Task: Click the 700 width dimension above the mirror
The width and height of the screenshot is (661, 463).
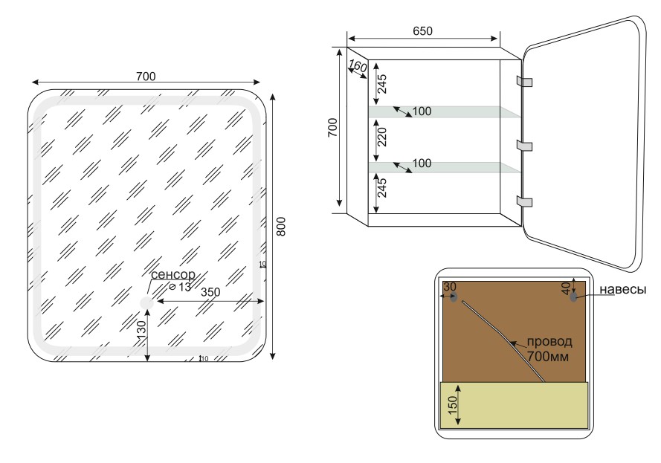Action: (146, 76)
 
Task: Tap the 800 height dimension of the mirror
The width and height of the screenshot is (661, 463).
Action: (282, 226)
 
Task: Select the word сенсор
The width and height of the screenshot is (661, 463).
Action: (173, 275)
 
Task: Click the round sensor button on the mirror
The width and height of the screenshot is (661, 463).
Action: (146, 302)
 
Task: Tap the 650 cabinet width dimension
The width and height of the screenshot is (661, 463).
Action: (422, 31)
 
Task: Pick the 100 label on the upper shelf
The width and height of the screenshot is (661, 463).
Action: (421, 112)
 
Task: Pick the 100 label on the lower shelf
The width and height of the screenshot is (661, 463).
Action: (421, 162)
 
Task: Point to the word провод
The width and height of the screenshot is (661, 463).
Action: (549, 342)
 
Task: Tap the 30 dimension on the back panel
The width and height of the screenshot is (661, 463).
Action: (449, 287)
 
